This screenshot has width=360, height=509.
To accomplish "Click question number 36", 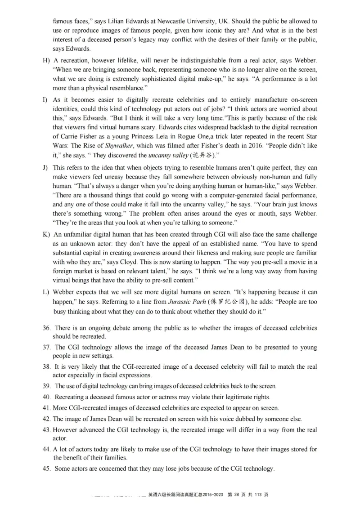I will (46, 328).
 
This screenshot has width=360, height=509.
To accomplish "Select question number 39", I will (46, 386).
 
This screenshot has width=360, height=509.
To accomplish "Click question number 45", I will (46, 469).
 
